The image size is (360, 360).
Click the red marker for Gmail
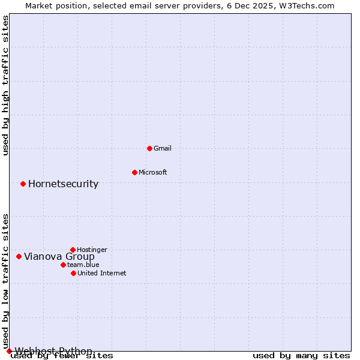149,148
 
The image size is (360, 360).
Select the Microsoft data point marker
134,172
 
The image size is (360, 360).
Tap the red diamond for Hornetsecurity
23,184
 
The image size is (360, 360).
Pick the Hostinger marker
73,250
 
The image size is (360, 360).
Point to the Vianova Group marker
19,256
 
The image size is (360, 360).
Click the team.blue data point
63,265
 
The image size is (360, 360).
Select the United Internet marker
73,273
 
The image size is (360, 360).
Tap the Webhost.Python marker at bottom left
9,351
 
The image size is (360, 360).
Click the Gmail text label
163,148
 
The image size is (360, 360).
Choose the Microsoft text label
153,172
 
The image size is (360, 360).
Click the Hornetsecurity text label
63,184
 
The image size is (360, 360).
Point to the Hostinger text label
92,250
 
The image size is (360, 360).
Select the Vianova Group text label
59,256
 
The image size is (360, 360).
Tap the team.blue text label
83,265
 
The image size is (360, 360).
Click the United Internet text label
102,273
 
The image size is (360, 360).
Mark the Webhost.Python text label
53,351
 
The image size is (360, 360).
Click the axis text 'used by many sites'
301,356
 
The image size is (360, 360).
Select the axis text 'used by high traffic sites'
6,85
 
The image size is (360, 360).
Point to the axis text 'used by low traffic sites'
6,281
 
